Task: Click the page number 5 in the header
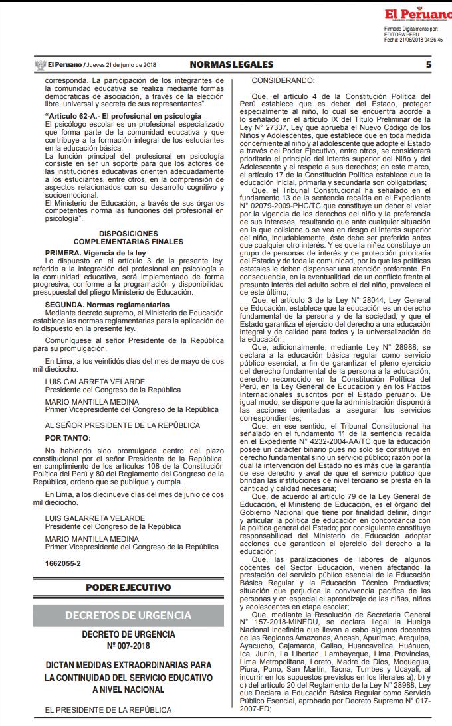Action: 428,64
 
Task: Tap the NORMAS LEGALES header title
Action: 231,64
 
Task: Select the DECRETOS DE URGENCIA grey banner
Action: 128,615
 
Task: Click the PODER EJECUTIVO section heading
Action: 128,587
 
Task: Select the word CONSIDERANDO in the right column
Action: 282,81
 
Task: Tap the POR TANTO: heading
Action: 68,438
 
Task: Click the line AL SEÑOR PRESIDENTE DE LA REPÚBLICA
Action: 122,425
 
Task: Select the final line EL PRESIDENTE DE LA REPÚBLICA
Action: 108,709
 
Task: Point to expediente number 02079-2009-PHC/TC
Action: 281,205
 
